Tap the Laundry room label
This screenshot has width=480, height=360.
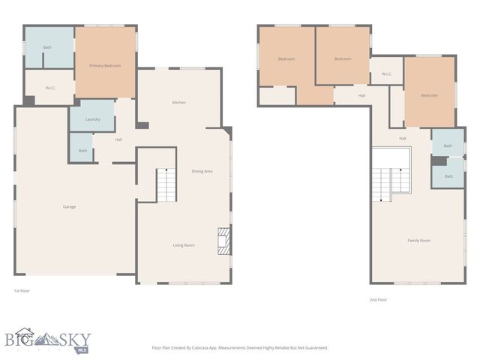tap(93, 119)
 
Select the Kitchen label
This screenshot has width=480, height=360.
tap(178, 102)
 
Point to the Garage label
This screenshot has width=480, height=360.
tap(69, 206)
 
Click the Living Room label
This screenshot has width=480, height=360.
tap(184, 244)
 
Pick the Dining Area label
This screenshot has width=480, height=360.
tap(202, 171)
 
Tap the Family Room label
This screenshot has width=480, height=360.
tap(418, 240)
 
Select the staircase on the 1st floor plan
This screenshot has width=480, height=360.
tap(165, 184)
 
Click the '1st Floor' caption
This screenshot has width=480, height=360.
tap(22, 290)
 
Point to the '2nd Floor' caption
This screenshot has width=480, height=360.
tap(378, 299)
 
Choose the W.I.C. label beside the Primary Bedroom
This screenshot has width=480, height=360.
tap(50, 88)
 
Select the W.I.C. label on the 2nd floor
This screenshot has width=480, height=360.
tap(386, 73)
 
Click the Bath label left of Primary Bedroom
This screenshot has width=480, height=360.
tap(47, 47)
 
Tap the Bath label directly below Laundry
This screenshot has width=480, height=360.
tap(82, 150)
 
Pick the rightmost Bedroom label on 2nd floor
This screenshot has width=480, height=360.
tap(428, 95)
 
